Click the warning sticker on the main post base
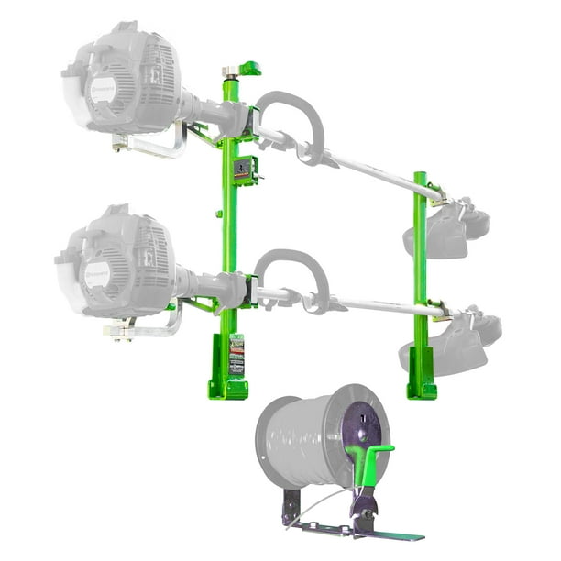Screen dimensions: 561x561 point(236,353)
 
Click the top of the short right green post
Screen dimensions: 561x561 point(420,177)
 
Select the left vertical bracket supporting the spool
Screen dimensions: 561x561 point(291,506)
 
